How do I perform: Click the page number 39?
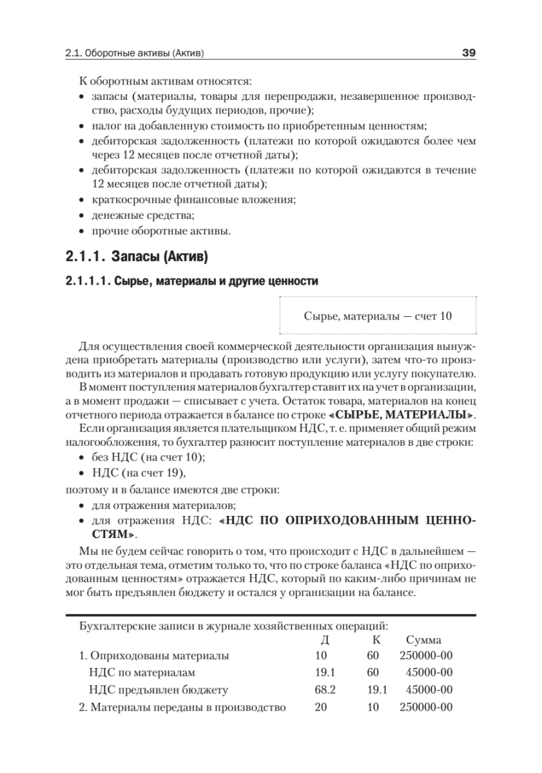click(469, 53)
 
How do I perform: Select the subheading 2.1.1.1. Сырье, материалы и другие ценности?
click(191, 282)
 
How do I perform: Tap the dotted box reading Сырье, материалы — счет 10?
click(378, 316)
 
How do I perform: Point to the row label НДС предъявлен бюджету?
click(159, 690)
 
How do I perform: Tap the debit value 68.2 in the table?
click(325, 690)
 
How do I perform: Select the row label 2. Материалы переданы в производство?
click(182, 707)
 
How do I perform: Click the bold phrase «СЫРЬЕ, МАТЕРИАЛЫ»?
click(418, 412)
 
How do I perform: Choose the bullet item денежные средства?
click(143, 215)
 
